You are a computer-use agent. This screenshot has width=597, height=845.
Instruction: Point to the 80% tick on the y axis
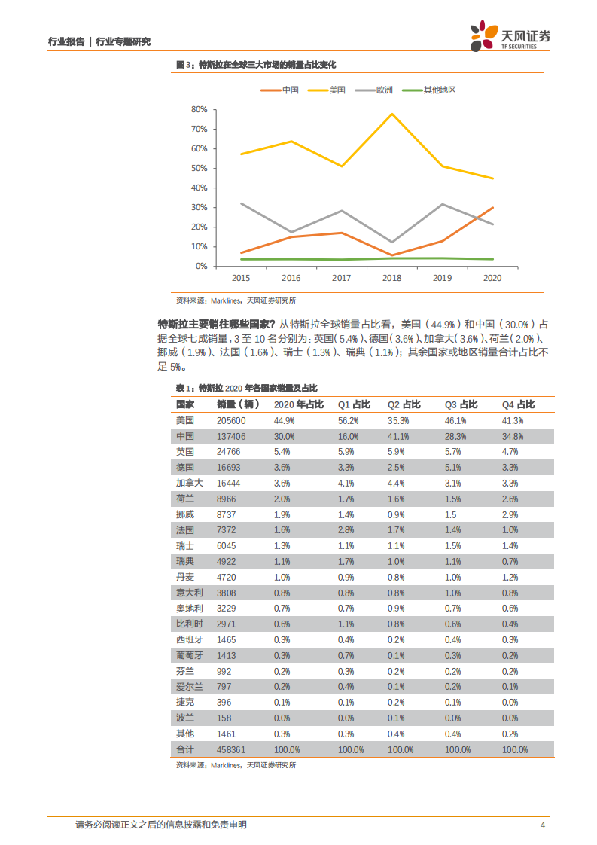199,109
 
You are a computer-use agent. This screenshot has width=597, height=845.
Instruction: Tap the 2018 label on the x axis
391,278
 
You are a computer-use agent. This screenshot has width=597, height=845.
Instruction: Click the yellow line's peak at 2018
391,114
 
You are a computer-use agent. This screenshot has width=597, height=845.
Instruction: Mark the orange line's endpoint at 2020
492,207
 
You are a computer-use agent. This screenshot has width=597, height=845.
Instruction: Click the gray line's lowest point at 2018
391,243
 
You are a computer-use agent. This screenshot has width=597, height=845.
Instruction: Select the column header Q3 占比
461,404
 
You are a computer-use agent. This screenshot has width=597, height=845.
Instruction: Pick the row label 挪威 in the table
185,514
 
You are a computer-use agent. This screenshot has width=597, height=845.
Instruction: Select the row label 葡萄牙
190,655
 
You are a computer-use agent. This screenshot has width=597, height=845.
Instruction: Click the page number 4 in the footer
542,825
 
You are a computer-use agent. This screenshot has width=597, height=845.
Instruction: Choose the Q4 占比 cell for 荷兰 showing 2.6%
510,499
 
